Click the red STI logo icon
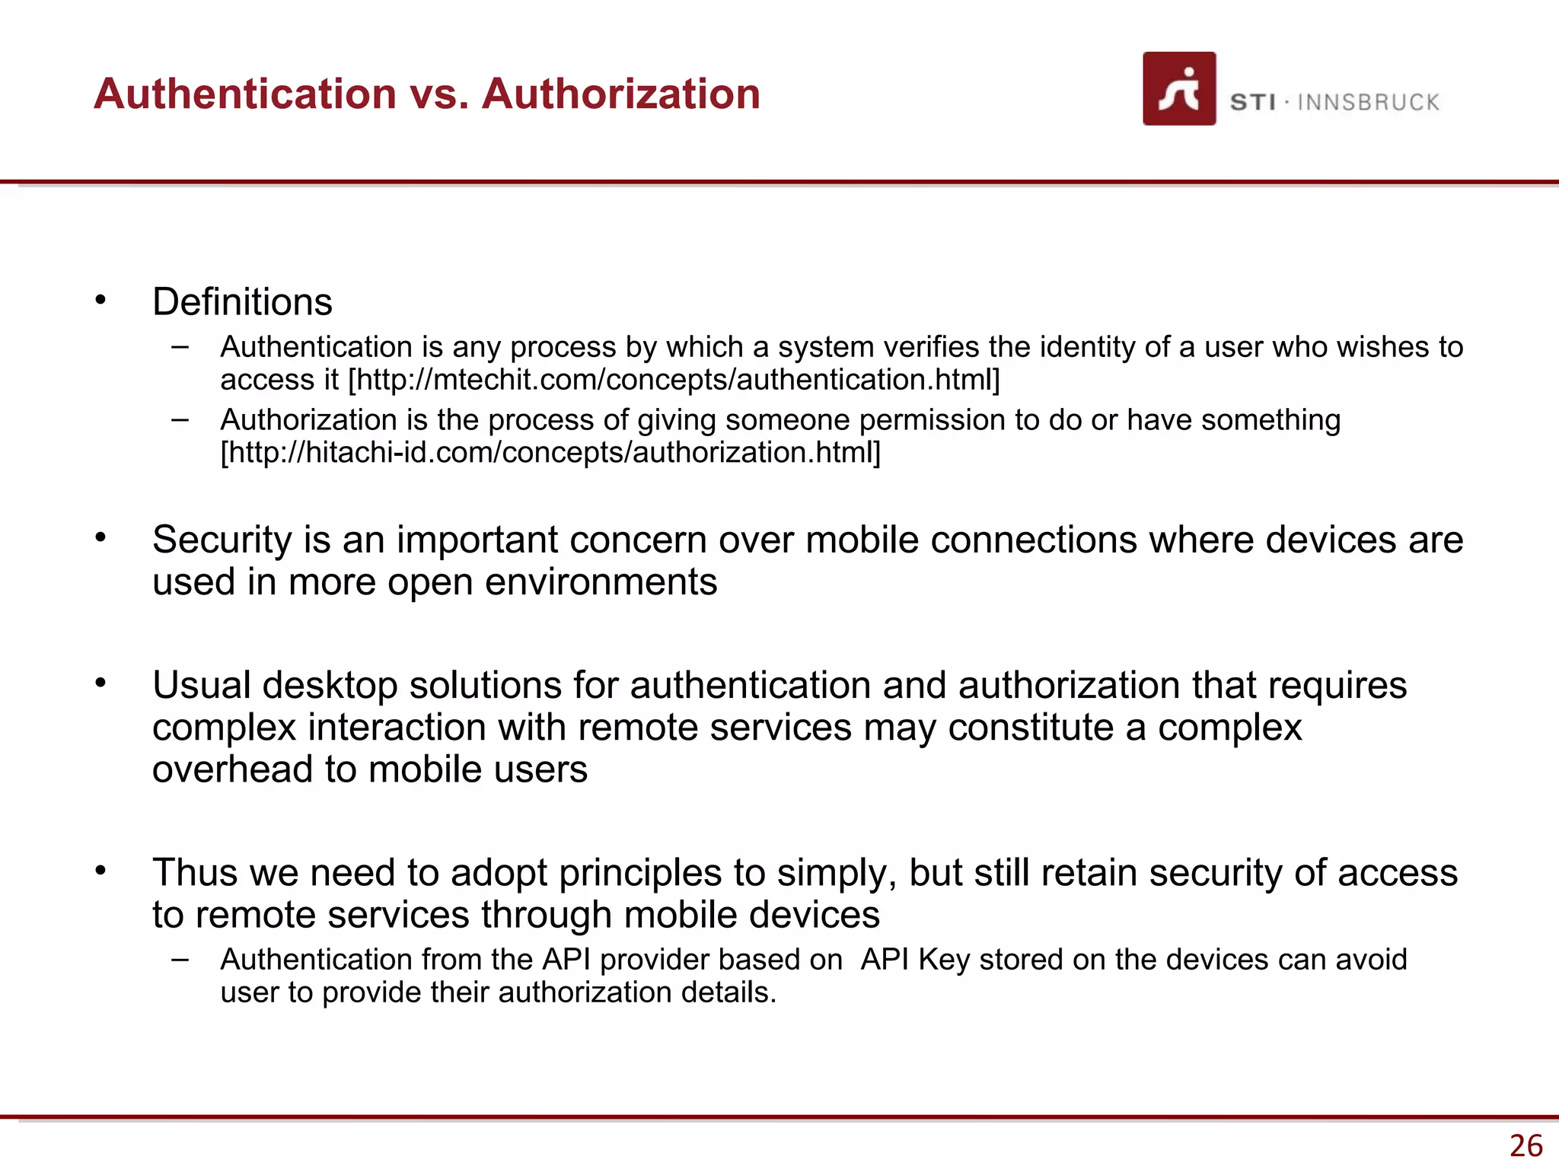pyautogui.click(x=1178, y=88)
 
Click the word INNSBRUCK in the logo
pyautogui.click(x=1368, y=103)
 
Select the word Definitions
pyautogui.click(x=242, y=302)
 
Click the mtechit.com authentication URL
pyautogui.click(x=674, y=380)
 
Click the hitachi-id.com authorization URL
pyautogui.click(x=550, y=453)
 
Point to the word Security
pyautogui.click(x=222, y=540)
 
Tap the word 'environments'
pyautogui.click(x=601, y=582)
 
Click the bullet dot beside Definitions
pyautogui.click(x=100, y=301)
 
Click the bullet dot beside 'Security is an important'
pyautogui.click(x=100, y=538)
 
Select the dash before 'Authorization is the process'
pyautogui.click(x=180, y=419)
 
